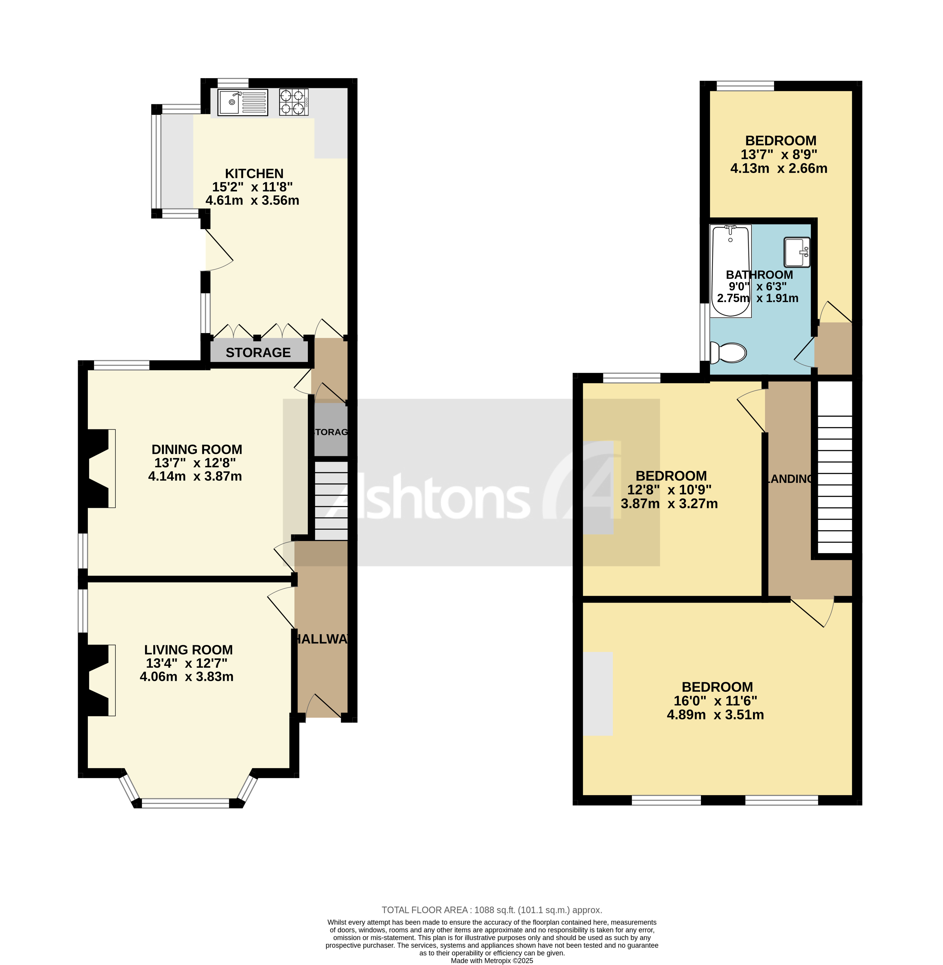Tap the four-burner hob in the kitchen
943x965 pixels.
pos(293,102)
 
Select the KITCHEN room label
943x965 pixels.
pos(254,173)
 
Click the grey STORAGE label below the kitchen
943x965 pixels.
pos(258,352)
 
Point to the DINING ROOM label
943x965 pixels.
pos(197,449)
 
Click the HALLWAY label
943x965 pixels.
pos(322,639)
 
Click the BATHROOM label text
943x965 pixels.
pos(759,275)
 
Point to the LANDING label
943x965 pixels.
pos(789,479)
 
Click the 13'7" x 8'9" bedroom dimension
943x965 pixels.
pos(779,155)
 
